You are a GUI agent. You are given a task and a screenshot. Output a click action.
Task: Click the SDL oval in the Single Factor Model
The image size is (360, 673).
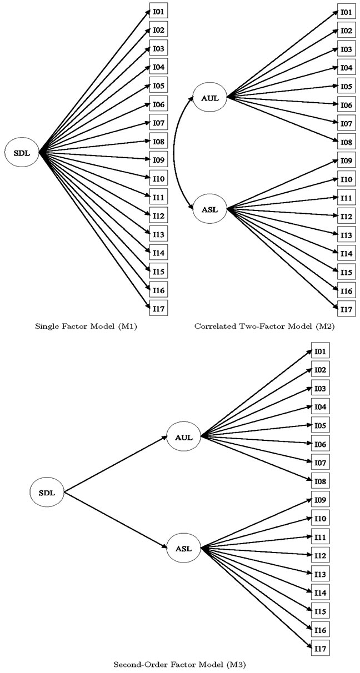[x=22, y=153]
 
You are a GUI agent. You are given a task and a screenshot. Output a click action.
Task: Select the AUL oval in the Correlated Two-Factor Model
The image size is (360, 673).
[x=210, y=98]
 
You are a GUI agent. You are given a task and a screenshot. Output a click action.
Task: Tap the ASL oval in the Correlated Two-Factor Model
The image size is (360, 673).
[x=210, y=209]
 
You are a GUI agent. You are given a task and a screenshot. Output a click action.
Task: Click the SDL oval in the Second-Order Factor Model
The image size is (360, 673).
[x=47, y=493]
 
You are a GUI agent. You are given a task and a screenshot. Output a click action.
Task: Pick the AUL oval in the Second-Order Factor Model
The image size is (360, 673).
[x=183, y=437]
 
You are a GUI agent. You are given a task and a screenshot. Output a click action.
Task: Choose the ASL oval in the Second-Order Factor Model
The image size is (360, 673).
[x=183, y=548]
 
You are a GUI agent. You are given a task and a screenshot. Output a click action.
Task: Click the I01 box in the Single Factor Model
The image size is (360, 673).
[x=158, y=12]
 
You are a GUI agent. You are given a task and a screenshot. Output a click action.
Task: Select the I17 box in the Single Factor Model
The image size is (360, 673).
[x=158, y=308]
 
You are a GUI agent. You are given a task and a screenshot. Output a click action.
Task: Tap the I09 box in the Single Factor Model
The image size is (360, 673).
[x=158, y=160]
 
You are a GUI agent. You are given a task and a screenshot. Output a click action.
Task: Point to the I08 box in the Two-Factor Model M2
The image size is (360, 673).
[x=346, y=142]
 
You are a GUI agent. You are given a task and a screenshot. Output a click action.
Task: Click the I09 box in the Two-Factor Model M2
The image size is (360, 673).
[x=346, y=160]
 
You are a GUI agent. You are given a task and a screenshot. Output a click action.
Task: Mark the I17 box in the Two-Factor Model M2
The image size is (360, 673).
[x=346, y=309]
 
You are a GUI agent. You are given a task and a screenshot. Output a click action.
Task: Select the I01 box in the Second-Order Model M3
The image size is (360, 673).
[x=320, y=350]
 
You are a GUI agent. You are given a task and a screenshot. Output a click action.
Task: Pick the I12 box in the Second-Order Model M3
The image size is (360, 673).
[x=320, y=555]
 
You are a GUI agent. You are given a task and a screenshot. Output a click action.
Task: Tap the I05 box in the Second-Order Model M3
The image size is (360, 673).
[x=320, y=425]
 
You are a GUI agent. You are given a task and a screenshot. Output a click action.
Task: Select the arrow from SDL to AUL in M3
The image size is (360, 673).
[x=116, y=464]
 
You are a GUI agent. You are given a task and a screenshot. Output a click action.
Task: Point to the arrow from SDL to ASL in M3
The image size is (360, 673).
[x=116, y=520]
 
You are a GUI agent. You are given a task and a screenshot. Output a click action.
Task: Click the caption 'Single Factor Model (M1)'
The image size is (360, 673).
[x=86, y=327]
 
